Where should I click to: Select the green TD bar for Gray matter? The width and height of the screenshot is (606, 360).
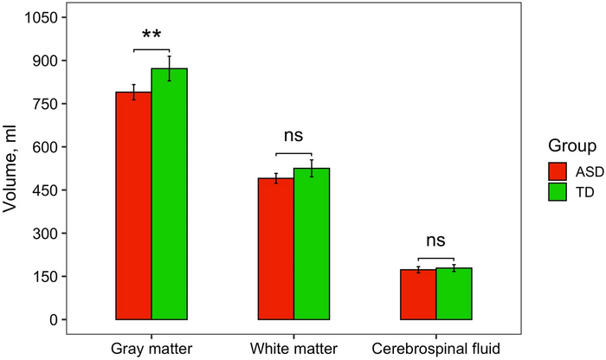pyautogui.click(x=170, y=194)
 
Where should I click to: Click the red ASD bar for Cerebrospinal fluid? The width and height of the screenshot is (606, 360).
pyautogui.click(x=418, y=295)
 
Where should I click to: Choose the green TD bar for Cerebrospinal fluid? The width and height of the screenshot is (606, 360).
pyautogui.click(x=454, y=294)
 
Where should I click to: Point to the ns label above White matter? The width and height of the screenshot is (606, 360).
pyautogui.click(x=293, y=136)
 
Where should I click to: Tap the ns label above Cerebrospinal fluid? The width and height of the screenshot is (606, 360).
pyautogui.click(x=435, y=241)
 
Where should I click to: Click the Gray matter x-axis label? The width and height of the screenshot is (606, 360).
pyautogui.click(x=151, y=348)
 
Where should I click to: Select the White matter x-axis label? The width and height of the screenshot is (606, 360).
pyautogui.click(x=293, y=348)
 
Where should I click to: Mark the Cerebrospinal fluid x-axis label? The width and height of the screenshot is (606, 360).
pyautogui.click(x=435, y=348)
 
